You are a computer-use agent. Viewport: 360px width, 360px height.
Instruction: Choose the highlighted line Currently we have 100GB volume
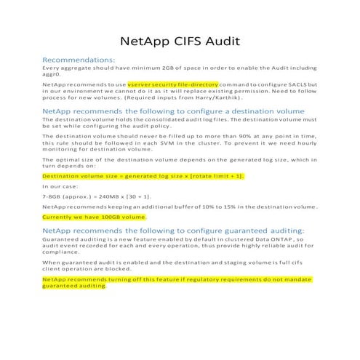click(x=95, y=217)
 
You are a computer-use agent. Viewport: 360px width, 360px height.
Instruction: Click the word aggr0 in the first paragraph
click(x=52, y=73)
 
